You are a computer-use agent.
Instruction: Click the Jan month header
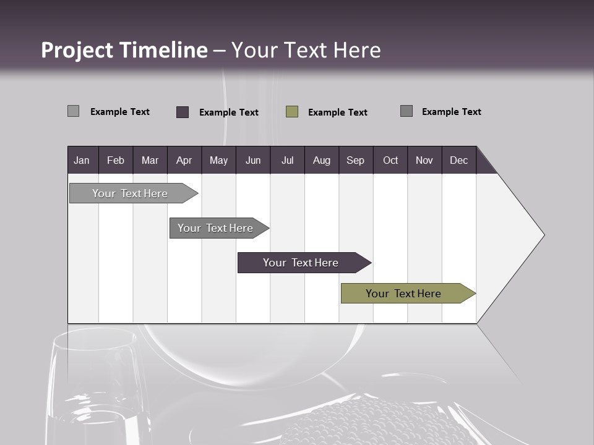(82, 160)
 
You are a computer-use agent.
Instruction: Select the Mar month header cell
(150, 160)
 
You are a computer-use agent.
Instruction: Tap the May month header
(218, 160)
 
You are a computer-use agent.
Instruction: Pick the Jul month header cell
(287, 160)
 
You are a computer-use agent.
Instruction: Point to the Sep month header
(355, 160)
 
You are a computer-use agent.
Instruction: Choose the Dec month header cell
(458, 160)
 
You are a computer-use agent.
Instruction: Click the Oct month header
(390, 160)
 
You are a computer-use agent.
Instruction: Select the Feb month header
(116, 160)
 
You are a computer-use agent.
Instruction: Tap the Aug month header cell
(321, 160)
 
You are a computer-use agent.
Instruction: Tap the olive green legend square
(292, 112)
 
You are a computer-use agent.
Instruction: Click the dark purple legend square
(183, 112)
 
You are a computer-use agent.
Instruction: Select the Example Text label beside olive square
(337, 112)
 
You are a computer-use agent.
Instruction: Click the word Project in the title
(77, 50)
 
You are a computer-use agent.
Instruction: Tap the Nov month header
(424, 160)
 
